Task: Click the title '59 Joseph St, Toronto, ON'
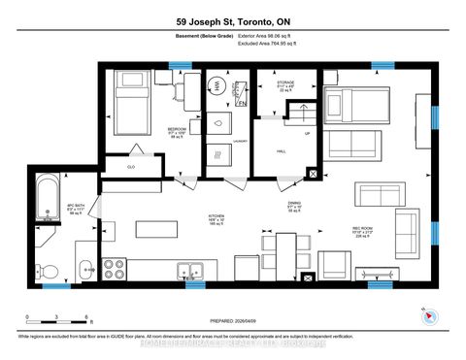click(x=232, y=22)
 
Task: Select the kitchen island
click(x=156, y=229)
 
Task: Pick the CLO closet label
click(x=131, y=168)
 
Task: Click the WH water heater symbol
click(x=216, y=86)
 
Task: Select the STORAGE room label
click(x=285, y=83)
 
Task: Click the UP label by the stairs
click(x=308, y=134)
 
